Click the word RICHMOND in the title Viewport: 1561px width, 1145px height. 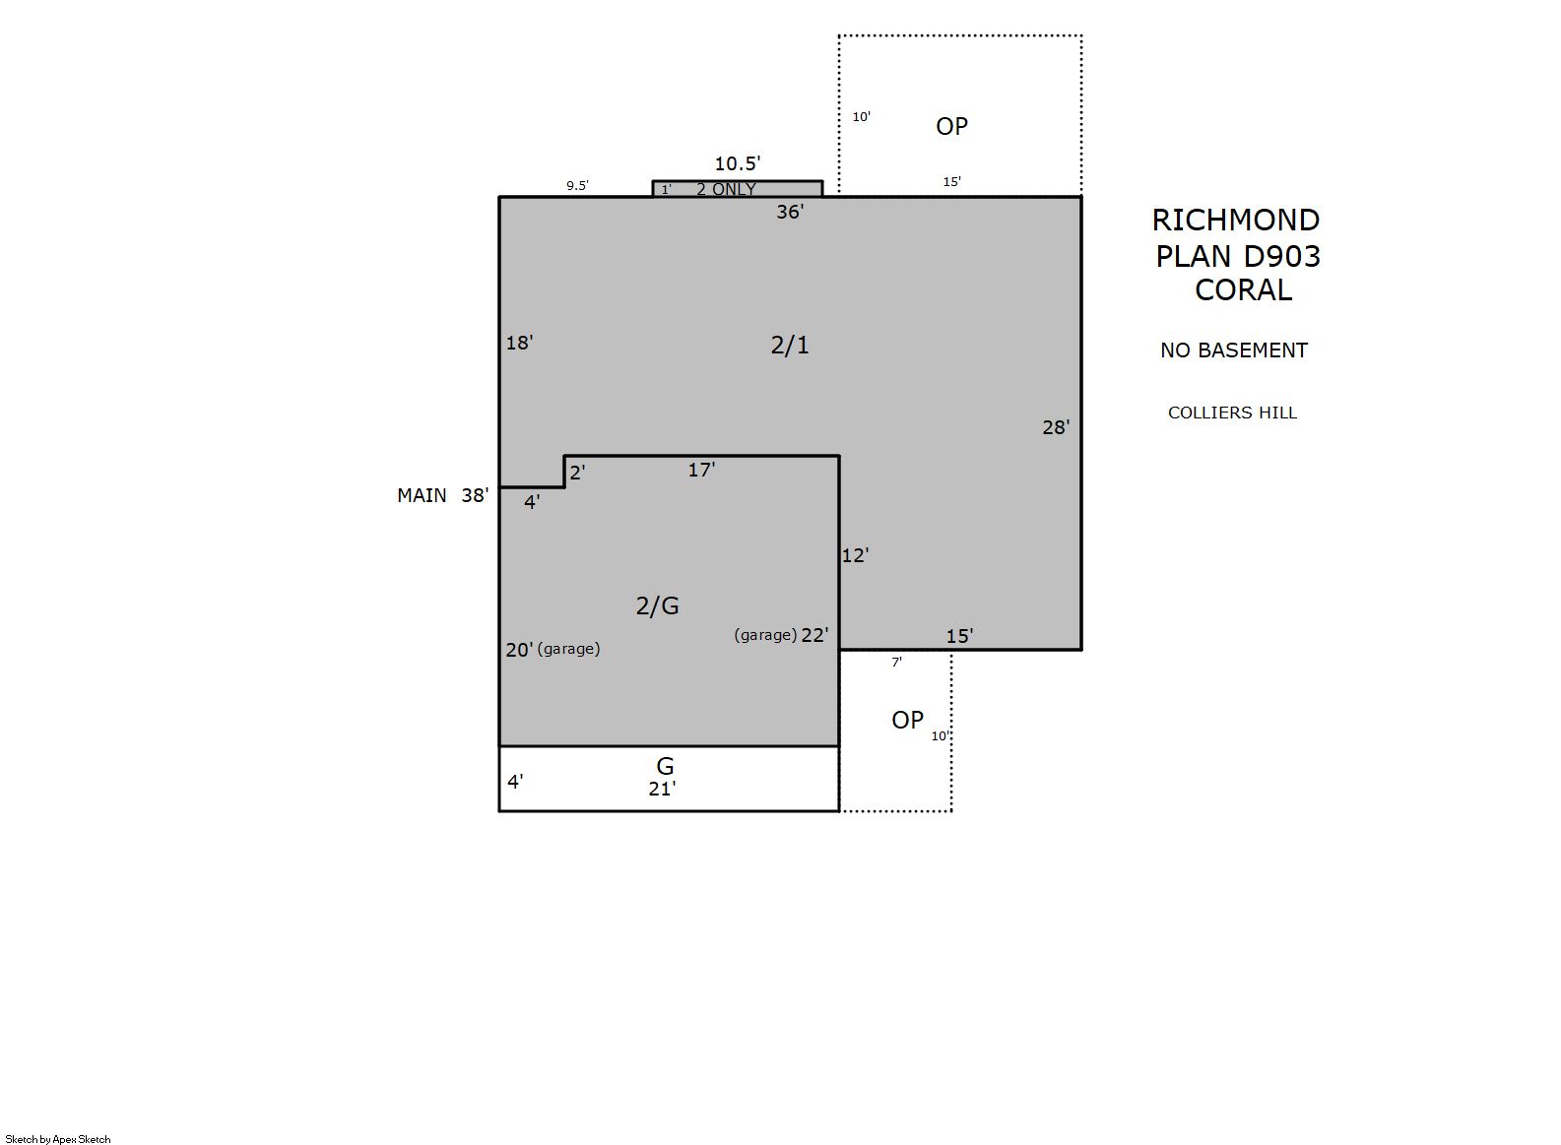click(1236, 221)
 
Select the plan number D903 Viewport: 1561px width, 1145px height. click(1281, 256)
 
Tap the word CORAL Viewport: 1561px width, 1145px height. click(1243, 289)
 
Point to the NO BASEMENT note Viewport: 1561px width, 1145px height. click(1233, 350)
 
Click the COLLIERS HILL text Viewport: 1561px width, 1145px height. click(1232, 413)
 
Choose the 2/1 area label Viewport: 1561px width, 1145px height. click(790, 345)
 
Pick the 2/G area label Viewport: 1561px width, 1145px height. click(657, 605)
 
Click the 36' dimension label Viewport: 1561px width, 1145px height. click(790, 212)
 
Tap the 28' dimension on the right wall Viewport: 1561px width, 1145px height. click(1056, 427)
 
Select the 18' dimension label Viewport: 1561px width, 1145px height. click(519, 343)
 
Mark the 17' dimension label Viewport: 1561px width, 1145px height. click(702, 471)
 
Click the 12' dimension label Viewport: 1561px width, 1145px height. click(855, 555)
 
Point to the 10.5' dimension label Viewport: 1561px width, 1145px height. click(738, 163)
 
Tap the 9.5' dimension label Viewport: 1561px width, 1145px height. click(577, 186)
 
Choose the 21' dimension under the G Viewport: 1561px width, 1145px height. click(662, 789)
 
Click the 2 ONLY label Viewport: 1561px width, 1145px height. click(726, 189)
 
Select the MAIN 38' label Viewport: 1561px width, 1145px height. click(442, 495)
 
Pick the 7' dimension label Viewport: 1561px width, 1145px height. click(897, 662)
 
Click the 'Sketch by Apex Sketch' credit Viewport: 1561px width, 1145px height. click(58, 1139)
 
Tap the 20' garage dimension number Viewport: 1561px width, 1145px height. click(519, 650)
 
